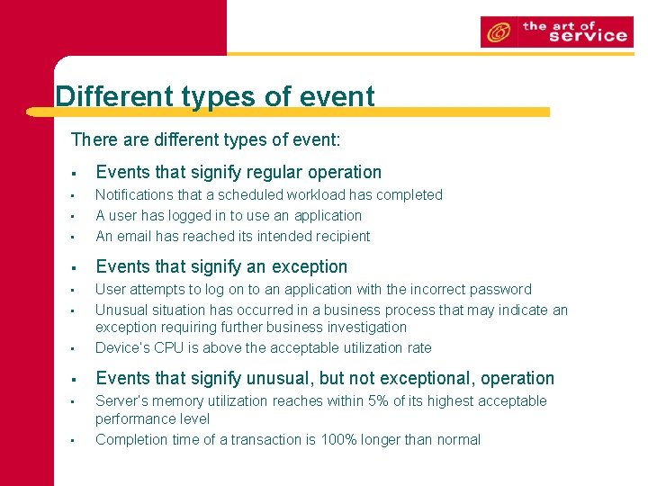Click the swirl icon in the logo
click(x=498, y=32)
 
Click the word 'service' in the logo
click(x=587, y=36)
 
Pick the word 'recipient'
click(x=341, y=236)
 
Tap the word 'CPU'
click(x=171, y=347)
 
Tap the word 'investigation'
click(x=363, y=328)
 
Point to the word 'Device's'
click(x=123, y=347)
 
